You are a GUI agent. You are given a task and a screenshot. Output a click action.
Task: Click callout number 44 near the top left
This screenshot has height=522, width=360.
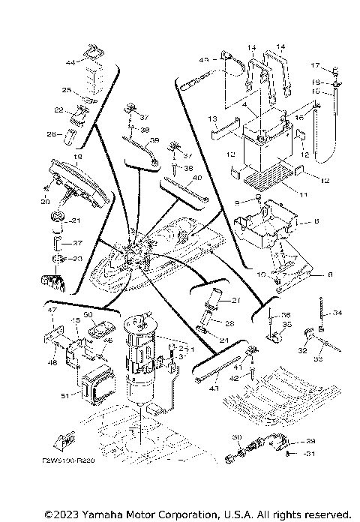(x=70, y=61)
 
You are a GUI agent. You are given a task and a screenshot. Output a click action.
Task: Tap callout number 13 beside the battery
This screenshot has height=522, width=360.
(x=213, y=118)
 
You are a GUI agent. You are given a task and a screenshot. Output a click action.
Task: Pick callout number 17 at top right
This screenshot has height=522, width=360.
(x=316, y=65)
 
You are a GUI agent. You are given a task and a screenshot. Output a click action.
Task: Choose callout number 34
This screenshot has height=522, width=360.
(x=337, y=313)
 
